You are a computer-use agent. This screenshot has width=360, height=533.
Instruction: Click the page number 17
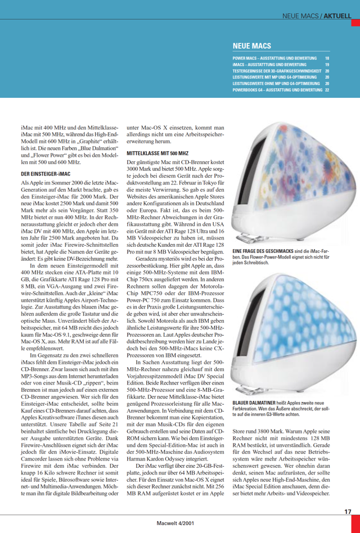348,512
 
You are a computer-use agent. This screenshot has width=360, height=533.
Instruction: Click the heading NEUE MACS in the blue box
252,46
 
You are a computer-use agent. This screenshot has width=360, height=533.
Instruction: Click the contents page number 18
327,58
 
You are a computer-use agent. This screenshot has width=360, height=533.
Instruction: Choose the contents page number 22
327,89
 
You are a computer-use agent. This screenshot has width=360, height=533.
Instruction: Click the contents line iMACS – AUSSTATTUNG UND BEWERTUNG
269,65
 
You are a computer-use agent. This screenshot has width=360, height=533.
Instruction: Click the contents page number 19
327,65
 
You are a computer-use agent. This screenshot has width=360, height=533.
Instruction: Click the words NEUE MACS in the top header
300,17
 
